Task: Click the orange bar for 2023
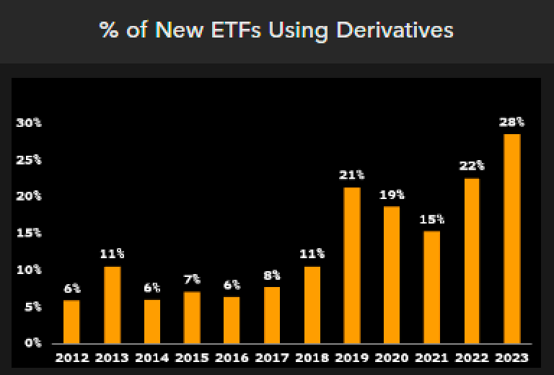(x=511, y=239)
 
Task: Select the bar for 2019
(x=351, y=265)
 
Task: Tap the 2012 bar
(x=71, y=322)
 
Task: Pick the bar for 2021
(x=431, y=287)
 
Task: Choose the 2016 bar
(x=232, y=319)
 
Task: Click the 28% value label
(x=511, y=122)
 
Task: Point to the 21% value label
(x=351, y=175)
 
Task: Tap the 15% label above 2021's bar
(x=431, y=219)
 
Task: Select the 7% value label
(x=191, y=279)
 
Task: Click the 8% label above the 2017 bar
(x=271, y=275)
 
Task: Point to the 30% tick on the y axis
(x=30, y=123)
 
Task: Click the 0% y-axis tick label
(x=33, y=343)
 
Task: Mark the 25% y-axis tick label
(x=30, y=159)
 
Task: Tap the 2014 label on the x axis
(x=151, y=358)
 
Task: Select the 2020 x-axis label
(x=392, y=358)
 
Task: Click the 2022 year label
(x=472, y=358)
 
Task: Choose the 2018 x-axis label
(x=312, y=358)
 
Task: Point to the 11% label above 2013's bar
(x=111, y=254)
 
